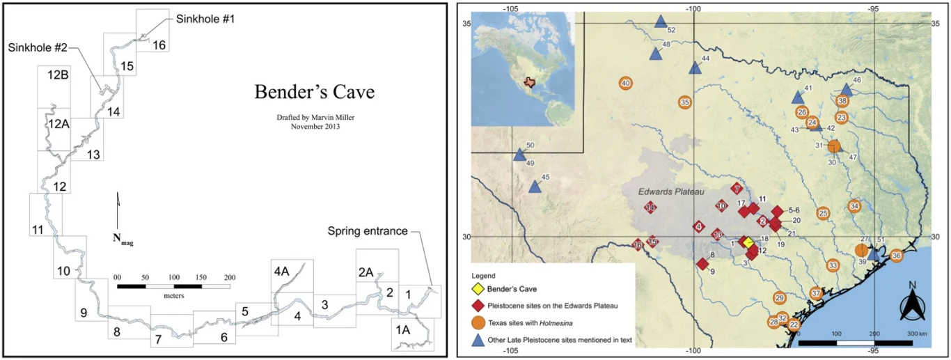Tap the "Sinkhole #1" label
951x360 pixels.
205,18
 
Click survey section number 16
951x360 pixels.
159,45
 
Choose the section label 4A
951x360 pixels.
281,272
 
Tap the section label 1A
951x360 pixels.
403,328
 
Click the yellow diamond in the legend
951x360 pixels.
478,288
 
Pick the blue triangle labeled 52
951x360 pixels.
661,22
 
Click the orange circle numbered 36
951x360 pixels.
897,256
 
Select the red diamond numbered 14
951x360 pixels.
650,208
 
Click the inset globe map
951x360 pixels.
523,74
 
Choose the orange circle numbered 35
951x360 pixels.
684,102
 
